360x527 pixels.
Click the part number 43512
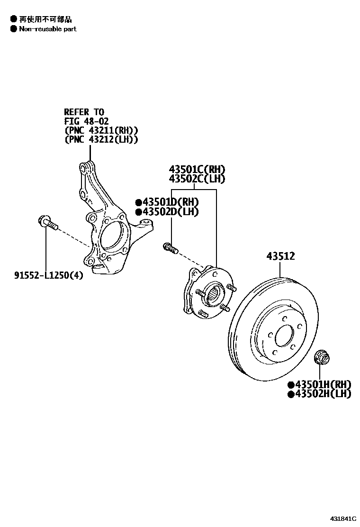pyautogui.click(x=280, y=256)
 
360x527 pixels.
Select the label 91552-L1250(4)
pyautogui.click(x=48, y=275)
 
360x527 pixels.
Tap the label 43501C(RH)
pyautogui.click(x=197, y=170)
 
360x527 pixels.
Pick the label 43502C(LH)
pyautogui.click(x=197, y=179)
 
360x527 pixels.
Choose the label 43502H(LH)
pyautogui.click(x=323, y=394)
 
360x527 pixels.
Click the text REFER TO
pyautogui.click(x=84, y=112)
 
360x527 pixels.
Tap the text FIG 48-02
pyautogui.click(x=87, y=121)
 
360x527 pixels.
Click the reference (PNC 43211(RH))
pyautogui.click(x=101, y=130)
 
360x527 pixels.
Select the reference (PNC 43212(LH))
pyautogui.click(x=101, y=139)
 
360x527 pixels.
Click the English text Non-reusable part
pyautogui.click(x=47, y=29)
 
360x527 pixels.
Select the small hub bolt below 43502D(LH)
pyautogui.click(x=170, y=247)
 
